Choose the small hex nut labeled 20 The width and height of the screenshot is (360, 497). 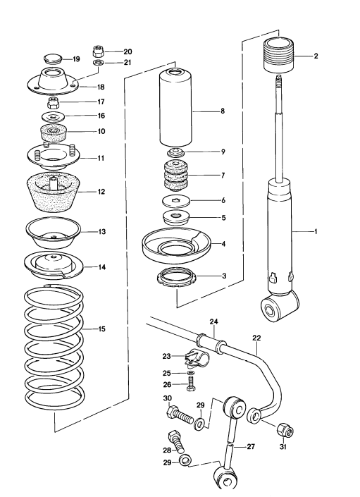click(99, 51)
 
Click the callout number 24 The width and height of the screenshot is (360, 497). click(213, 321)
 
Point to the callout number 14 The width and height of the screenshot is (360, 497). click(101, 267)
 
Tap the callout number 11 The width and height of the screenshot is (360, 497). click(101, 158)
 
